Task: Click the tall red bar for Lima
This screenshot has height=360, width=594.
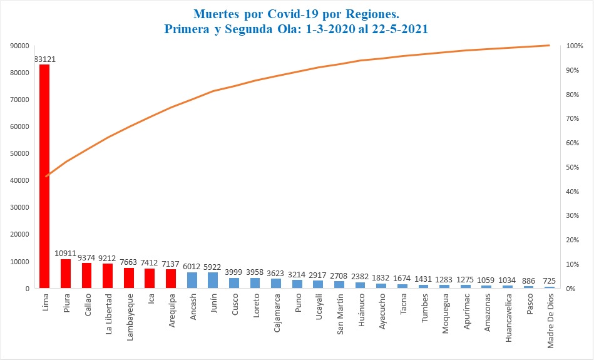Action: (44, 175)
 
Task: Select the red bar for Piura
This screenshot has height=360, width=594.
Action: (66, 274)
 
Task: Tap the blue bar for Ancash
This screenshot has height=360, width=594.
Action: (192, 280)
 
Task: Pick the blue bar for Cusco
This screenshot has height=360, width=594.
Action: (234, 283)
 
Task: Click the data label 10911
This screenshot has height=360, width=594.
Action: (66, 254)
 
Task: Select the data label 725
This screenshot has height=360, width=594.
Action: (550, 281)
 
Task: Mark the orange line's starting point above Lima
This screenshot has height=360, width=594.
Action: (46, 177)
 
